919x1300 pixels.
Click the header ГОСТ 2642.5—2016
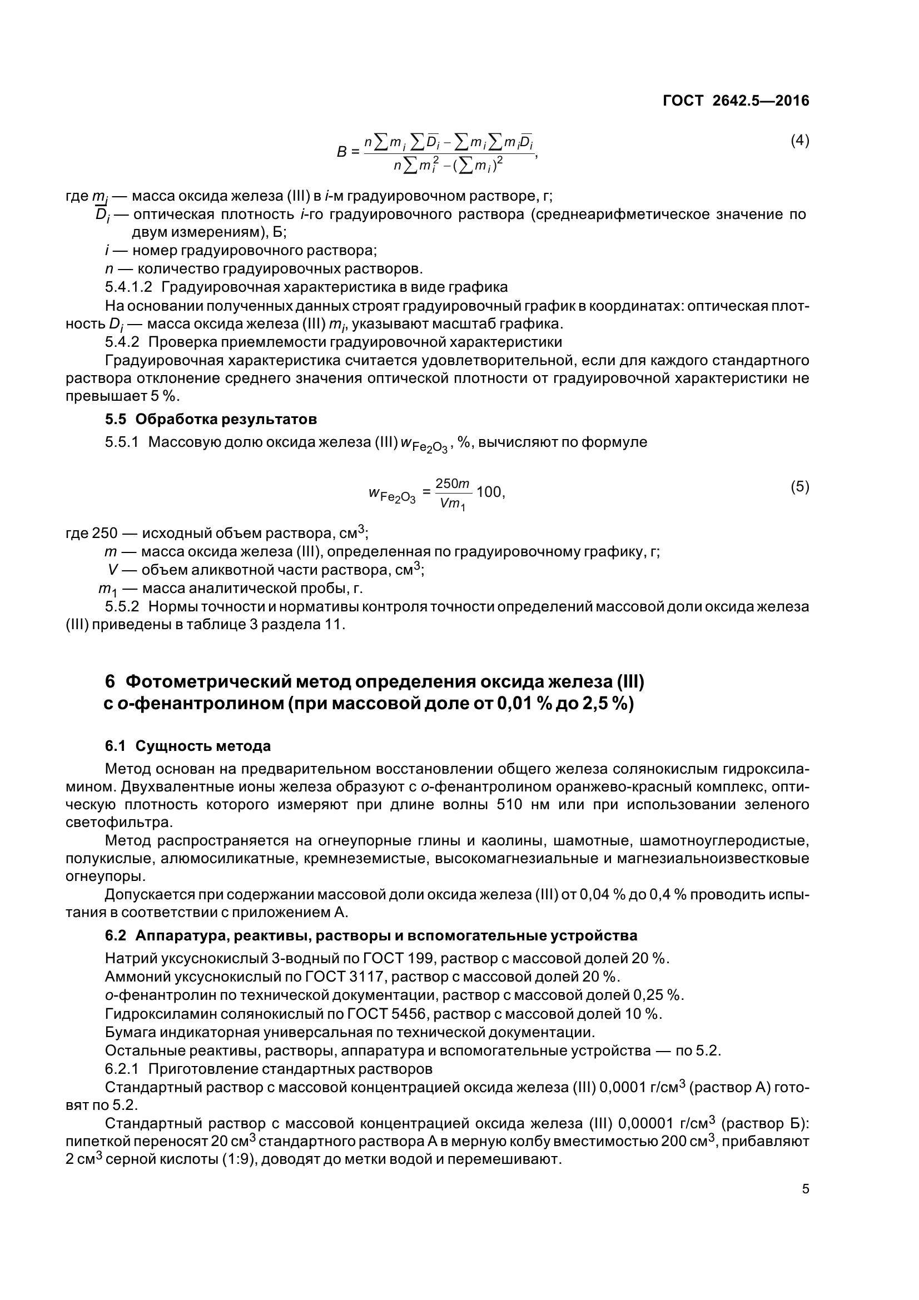click(736, 101)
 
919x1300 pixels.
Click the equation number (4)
click(799, 141)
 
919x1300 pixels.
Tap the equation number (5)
click(799, 486)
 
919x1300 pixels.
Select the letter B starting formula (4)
click(341, 152)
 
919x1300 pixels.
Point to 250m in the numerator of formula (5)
click(453, 483)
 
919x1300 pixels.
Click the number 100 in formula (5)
click(489, 492)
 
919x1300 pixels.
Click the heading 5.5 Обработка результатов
click(211, 419)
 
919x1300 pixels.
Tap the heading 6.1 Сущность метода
click(187, 746)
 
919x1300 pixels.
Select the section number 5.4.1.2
click(128, 287)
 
